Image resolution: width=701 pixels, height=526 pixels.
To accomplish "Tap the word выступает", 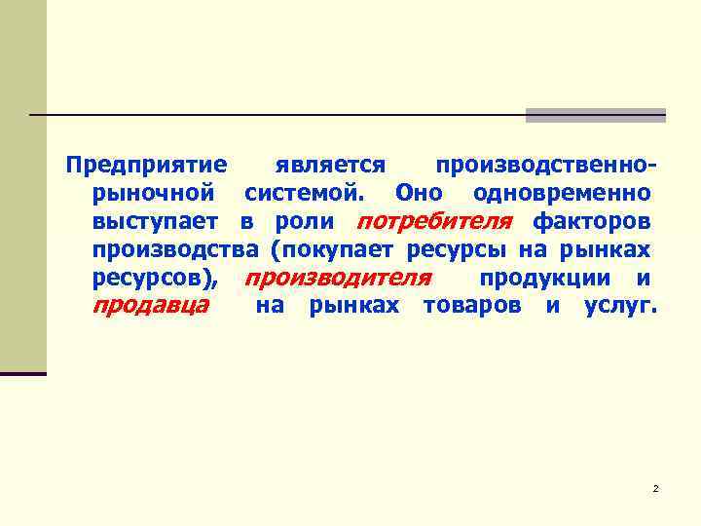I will pos(155,221).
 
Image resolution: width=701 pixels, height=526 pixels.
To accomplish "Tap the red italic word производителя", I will pos(337,278).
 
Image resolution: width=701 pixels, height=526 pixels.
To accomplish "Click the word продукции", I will pos(545,278).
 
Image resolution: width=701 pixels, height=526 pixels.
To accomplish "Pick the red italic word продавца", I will pos(150,306).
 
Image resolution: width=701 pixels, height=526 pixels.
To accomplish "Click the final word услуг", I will pos(620,306).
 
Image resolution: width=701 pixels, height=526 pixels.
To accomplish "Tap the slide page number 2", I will pos(656,487).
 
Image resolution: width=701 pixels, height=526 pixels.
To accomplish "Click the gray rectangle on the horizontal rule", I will pos(595,115).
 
